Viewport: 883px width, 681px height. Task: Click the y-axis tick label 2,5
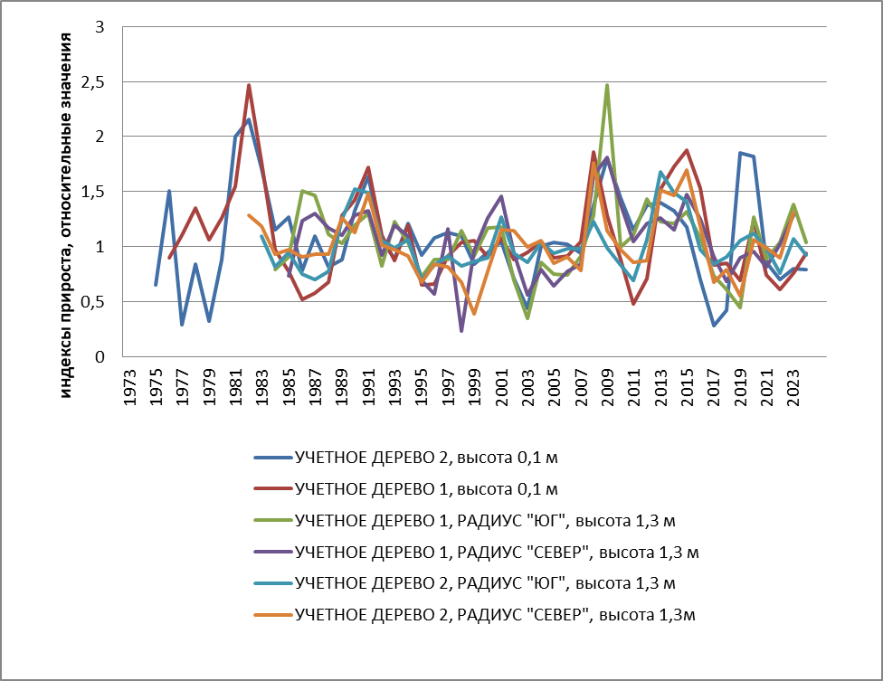[91, 82]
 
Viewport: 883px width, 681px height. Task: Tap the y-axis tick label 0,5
[91, 302]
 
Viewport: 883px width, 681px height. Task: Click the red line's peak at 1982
[249, 85]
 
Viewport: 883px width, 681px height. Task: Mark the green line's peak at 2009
[606, 85]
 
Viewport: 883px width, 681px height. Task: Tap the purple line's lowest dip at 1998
[461, 331]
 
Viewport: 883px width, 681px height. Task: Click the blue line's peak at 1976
[169, 191]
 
